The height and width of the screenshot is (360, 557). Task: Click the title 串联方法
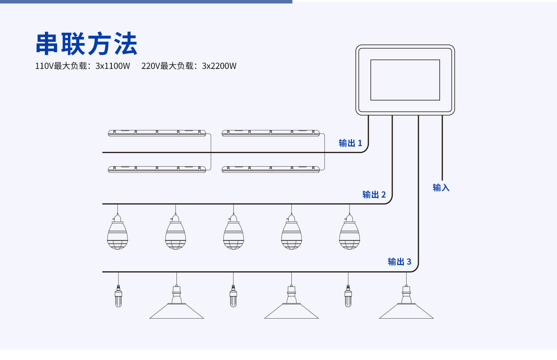pos(86,44)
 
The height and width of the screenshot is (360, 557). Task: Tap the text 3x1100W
pos(113,66)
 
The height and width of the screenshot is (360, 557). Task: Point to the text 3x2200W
pos(219,66)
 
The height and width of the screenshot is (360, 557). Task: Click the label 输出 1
pos(350,143)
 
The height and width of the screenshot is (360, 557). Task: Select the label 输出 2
pos(374,194)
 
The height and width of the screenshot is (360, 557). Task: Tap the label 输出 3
pos(399,262)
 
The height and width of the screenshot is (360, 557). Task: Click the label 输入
pos(441,188)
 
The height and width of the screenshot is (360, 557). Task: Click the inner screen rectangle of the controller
pos(405,80)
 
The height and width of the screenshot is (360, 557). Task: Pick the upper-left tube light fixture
pos(157,133)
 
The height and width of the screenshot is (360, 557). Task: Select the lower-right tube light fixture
pos(270,169)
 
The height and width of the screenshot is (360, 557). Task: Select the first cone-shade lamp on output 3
pos(176,304)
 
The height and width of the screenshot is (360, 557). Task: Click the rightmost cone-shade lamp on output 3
pos(406,304)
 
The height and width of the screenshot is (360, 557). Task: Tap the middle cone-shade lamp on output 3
pos(291,304)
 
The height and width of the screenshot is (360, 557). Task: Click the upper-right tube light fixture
pos(270,133)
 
